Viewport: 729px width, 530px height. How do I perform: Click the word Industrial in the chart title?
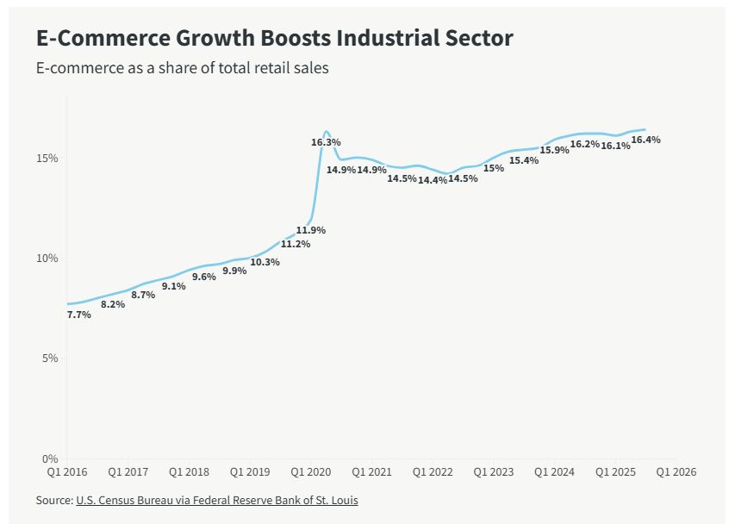click(386, 39)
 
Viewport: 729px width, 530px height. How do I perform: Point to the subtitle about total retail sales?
click(182, 67)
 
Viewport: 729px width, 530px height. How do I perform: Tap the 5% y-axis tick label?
click(50, 358)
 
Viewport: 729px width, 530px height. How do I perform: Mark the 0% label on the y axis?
click(50, 458)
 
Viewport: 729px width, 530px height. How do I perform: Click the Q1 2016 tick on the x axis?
click(66, 472)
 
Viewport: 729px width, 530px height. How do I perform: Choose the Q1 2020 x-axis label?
click(312, 472)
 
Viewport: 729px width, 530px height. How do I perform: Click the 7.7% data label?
click(78, 315)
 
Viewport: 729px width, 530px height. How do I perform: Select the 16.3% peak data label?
click(326, 141)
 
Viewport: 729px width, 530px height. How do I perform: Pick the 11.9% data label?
click(310, 230)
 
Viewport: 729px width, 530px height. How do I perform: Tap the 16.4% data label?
click(645, 139)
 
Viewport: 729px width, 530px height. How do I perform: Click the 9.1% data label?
click(173, 286)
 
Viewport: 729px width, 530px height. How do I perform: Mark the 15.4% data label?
click(523, 160)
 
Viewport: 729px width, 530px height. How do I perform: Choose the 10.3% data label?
click(265, 262)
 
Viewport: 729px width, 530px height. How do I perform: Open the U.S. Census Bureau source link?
click(216, 500)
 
